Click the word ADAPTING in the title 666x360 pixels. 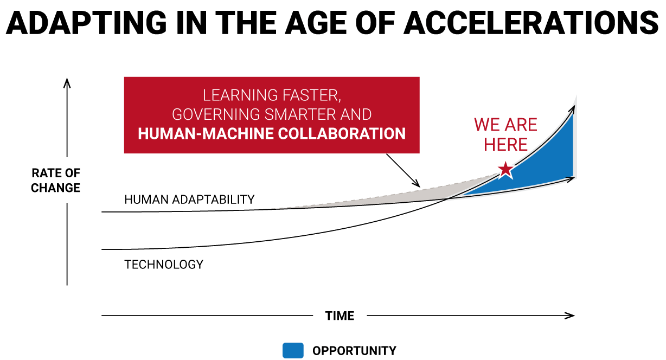pos(87,23)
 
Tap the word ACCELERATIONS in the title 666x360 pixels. pos(531,23)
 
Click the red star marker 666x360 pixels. pos(505,170)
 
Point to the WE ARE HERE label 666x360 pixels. pos(505,134)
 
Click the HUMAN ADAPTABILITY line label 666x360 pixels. pos(189,200)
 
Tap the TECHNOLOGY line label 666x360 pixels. pos(164,264)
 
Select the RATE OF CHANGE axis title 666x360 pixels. pos(56,181)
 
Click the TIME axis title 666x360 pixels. pos(340,316)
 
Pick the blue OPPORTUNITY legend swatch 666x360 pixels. pos(293,350)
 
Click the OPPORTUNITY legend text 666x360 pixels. pos(354,351)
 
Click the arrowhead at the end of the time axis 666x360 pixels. pos(569,316)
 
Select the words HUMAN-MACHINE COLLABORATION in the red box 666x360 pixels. pos(272,133)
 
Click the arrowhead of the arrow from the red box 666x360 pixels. pos(417,183)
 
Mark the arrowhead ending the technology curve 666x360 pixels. pos(572,110)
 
